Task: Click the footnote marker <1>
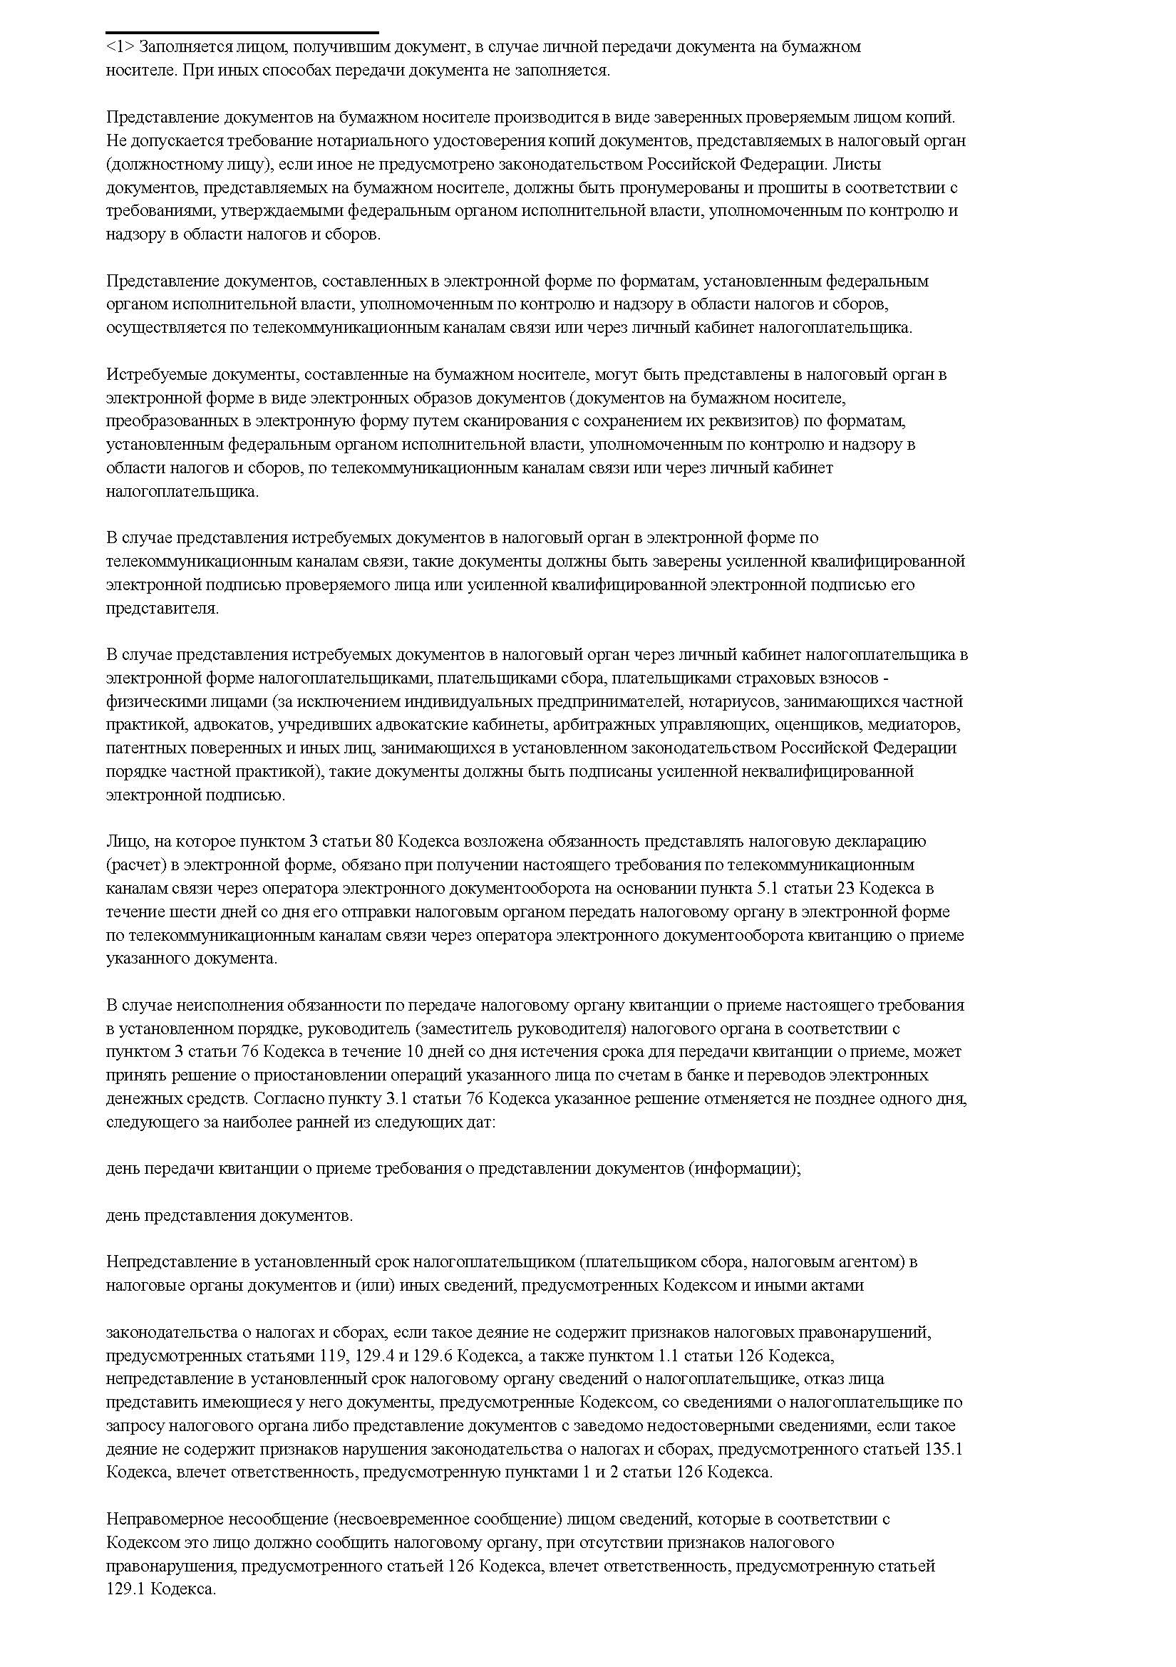click(119, 47)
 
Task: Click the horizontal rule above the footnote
click(242, 33)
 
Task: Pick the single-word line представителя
click(162, 609)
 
